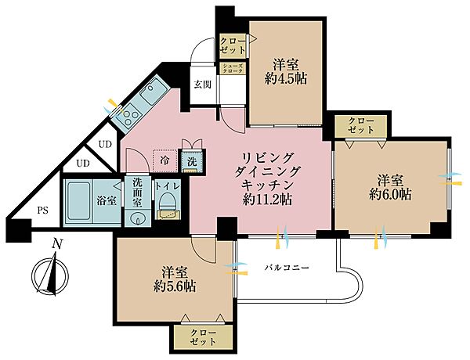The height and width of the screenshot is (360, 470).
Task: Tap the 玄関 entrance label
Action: (203, 85)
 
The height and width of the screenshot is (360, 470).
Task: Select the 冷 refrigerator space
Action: (164, 160)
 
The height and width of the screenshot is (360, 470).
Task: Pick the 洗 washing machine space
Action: (192, 160)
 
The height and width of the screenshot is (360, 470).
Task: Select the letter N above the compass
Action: (56, 243)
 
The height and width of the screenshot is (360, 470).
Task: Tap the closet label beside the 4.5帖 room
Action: (233, 45)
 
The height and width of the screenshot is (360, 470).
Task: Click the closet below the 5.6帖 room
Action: (201, 337)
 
